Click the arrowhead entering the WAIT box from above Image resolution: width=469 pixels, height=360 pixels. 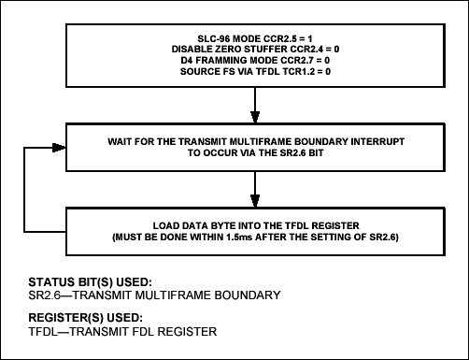coord(253,118)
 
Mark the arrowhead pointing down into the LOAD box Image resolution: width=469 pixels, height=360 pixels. coord(253,203)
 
